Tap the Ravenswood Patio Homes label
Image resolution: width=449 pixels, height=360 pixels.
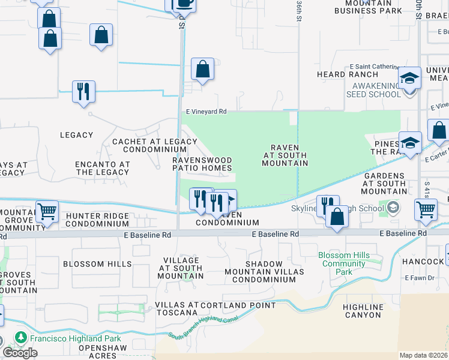coord(202,164)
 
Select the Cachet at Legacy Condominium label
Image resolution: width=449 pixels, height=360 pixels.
coord(155,145)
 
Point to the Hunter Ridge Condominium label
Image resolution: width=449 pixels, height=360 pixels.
coord(97,220)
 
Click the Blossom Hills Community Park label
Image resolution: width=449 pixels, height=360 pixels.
coord(344,263)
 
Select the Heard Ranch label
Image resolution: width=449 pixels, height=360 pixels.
coord(339,74)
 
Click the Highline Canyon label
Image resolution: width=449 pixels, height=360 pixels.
coord(362,311)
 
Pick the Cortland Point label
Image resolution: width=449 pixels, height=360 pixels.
coord(238,305)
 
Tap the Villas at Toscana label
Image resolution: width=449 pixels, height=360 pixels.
coord(176,308)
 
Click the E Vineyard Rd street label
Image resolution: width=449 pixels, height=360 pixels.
coord(206,112)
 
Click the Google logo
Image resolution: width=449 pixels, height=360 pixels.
coord(20,353)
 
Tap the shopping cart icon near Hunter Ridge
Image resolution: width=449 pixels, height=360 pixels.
coord(47,211)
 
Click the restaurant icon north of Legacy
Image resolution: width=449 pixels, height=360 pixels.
coord(82,92)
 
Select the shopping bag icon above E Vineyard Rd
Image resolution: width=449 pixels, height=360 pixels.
coord(203,69)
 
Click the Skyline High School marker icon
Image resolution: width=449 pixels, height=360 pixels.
coord(394,208)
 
